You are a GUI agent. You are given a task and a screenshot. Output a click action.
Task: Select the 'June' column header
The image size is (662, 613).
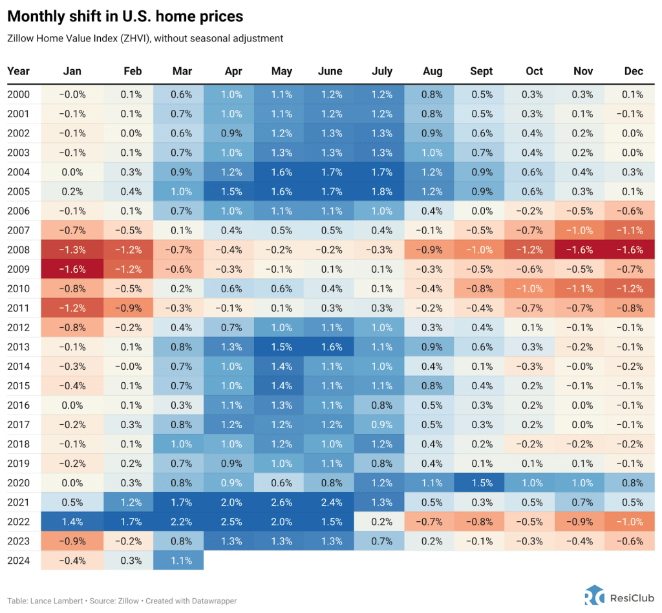(330, 71)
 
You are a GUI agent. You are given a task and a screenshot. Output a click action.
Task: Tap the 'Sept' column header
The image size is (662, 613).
(481, 71)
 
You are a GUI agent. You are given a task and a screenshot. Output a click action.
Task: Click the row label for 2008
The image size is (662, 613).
(18, 250)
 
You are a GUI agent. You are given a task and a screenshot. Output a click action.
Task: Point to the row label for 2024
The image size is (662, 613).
(18, 560)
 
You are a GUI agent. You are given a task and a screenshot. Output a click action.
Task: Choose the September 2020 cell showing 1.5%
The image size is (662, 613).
(481, 482)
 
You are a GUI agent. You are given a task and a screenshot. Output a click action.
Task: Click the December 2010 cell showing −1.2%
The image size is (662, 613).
(632, 288)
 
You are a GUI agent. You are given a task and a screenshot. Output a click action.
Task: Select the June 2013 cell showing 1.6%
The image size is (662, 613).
(330, 347)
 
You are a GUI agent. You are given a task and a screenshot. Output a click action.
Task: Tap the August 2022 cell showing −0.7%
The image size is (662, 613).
(431, 521)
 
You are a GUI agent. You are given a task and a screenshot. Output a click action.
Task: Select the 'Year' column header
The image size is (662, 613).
(19, 71)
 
